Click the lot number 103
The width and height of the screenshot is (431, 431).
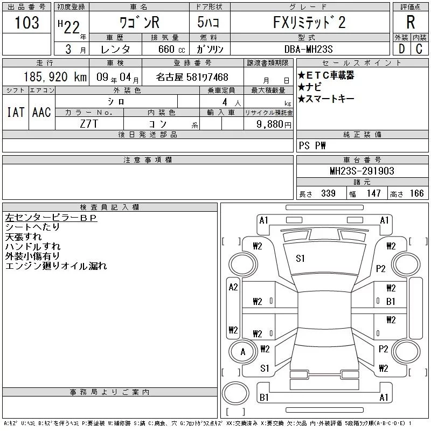coord(27,23)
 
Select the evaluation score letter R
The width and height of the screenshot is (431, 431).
coord(411,23)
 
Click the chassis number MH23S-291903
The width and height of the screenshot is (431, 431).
coord(362,171)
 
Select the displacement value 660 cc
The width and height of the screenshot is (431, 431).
coord(164,49)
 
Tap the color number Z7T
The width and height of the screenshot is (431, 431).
coord(89,124)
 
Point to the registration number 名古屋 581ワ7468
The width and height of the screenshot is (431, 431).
coord(192,77)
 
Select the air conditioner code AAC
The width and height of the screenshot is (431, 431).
coord(41,112)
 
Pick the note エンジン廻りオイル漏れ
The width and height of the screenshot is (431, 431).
coord(56,266)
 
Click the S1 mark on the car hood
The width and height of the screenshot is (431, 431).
coord(300,259)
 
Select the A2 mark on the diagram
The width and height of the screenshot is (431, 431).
coord(233,287)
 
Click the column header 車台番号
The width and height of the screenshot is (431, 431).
coord(362,160)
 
